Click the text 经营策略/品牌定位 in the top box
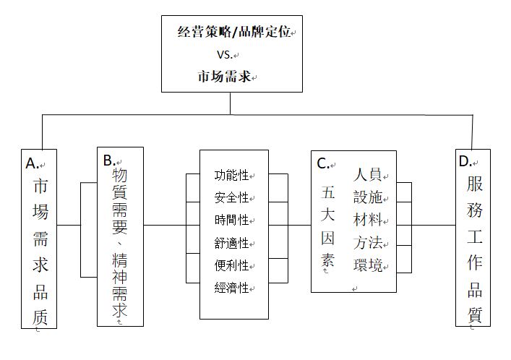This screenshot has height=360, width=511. point(234,32)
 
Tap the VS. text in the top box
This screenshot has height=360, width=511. point(225,54)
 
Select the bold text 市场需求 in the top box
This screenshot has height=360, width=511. point(225,77)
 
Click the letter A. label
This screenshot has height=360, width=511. point(32,163)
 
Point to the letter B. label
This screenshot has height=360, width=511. point(109,160)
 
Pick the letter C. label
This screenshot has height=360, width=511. point(323,163)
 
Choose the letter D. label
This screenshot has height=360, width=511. point(465,161)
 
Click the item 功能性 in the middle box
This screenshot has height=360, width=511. point(232,175)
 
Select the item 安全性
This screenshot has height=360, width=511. point(232,197)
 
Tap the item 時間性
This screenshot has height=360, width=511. point(232,220)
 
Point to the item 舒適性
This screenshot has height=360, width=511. point(232,243)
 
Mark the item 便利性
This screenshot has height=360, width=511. point(232,265)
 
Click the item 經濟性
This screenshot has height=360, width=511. point(232,288)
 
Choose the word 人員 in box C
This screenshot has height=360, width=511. point(368,174)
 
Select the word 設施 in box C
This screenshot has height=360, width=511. point(368,197)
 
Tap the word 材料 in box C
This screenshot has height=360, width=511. point(368,220)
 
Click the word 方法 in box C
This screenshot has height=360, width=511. point(368,243)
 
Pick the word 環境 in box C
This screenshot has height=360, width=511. point(368,265)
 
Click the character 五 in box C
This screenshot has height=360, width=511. point(328,192)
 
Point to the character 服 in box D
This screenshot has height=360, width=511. point(474,184)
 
